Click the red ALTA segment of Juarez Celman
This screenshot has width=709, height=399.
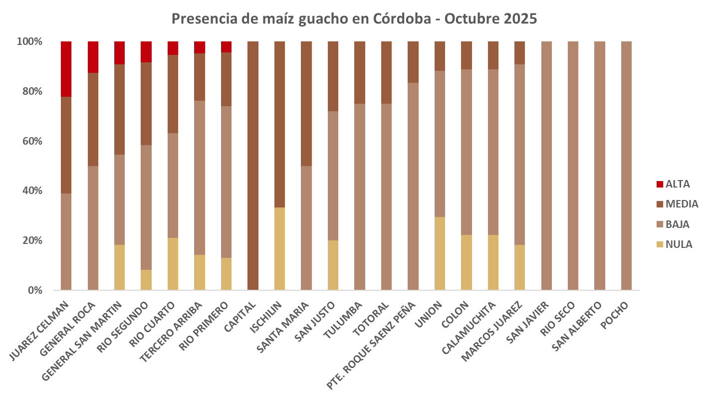pos(66,69)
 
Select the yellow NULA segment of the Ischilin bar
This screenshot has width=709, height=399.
pos(280,248)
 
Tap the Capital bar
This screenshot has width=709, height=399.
pos(253,166)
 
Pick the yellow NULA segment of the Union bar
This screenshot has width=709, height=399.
pos(440,253)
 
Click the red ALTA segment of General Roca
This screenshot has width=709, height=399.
pos(93,57)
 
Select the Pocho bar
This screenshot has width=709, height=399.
pos(626,166)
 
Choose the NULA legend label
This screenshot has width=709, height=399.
pos(679,245)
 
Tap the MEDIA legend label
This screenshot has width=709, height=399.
pos(682,204)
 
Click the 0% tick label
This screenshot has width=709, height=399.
pos(34,290)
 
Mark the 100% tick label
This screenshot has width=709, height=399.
pos(29,41)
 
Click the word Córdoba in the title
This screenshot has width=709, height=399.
pos(405,18)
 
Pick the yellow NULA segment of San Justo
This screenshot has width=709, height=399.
pos(333,265)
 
